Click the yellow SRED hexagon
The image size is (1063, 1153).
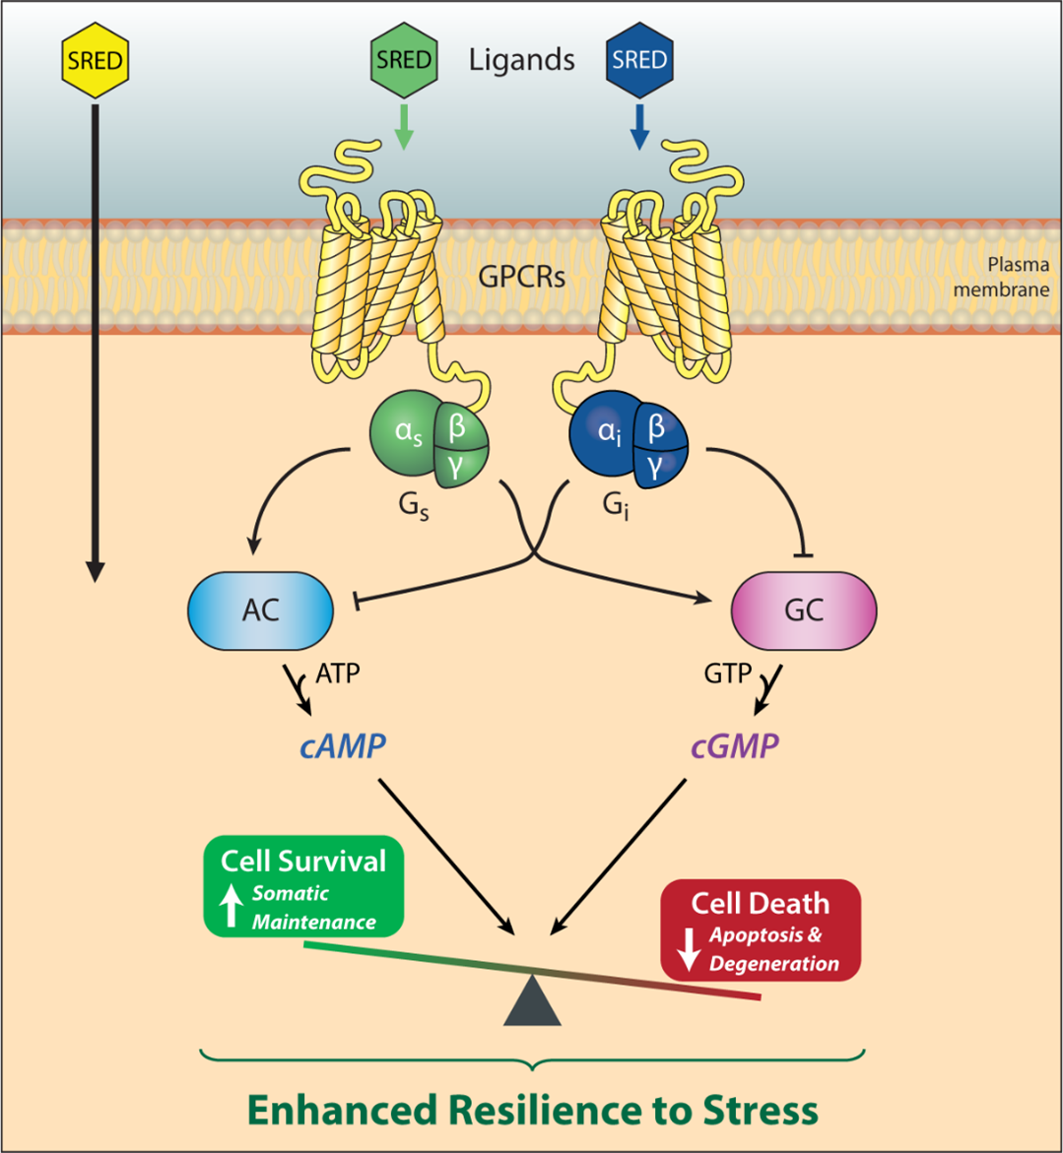click(x=95, y=60)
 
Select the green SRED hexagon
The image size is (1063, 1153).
click(x=403, y=60)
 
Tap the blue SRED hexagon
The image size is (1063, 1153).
click(x=638, y=60)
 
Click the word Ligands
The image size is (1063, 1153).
click(x=521, y=60)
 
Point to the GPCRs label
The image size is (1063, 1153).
click(x=521, y=277)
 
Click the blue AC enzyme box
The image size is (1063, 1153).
click(x=260, y=610)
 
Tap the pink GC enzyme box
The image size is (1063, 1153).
click(x=803, y=610)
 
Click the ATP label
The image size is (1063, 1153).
click(x=338, y=674)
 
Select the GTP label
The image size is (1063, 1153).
click(x=729, y=674)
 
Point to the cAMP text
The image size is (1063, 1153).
click(x=342, y=745)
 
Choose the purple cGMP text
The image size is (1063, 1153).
click(x=734, y=745)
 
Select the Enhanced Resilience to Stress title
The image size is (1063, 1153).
click(x=532, y=1110)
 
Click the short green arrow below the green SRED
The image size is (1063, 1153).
click(x=403, y=129)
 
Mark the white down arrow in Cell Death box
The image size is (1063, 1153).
click(x=689, y=947)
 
